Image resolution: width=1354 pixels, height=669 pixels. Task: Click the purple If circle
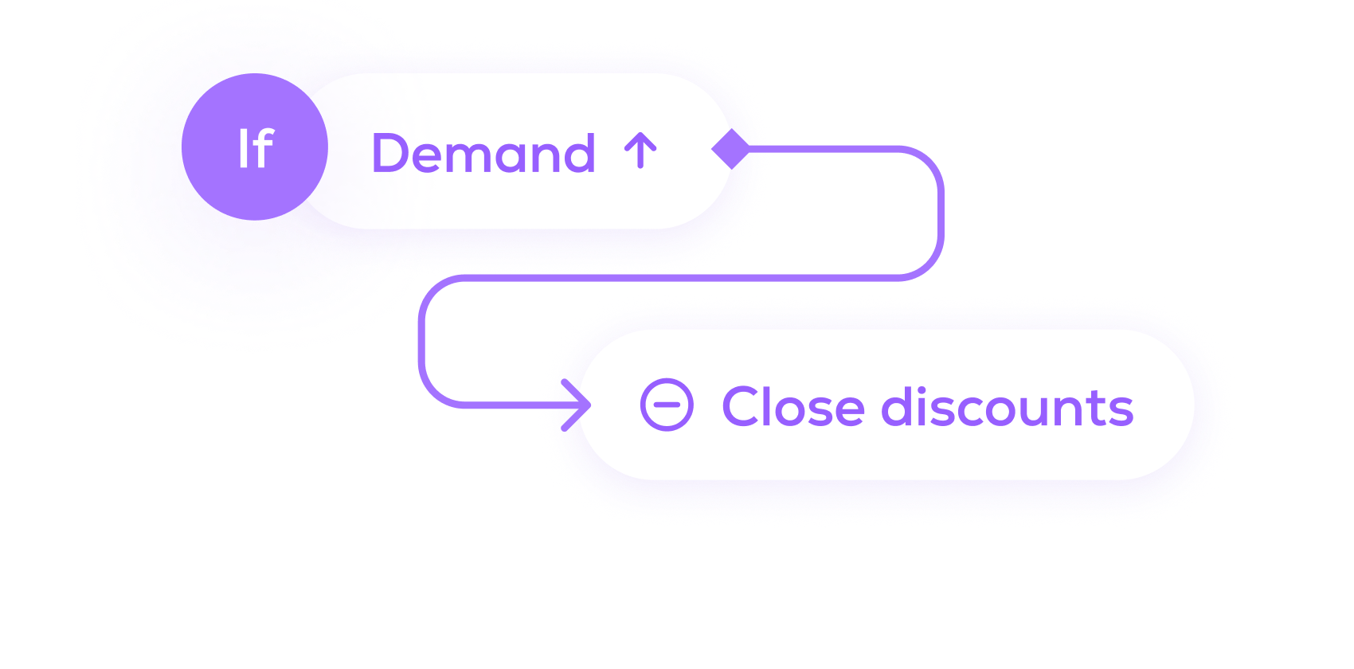pyautogui.click(x=254, y=147)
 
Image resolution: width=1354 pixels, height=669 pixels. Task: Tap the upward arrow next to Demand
pyautogui.click(x=640, y=151)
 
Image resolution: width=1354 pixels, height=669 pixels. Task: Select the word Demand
pyautogui.click(x=483, y=153)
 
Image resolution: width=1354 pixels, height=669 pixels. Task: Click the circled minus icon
pyautogui.click(x=667, y=405)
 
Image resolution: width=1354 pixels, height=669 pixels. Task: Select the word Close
pyautogui.click(x=792, y=408)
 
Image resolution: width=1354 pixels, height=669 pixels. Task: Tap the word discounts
pyautogui.click(x=1007, y=408)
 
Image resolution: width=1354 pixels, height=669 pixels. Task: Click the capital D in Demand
pyautogui.click(x=394, y=153)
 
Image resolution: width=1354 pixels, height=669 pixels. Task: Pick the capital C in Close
pyautogui.click(x=742, y=408)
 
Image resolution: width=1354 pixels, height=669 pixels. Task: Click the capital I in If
pyautogui.click(x=244, y=149)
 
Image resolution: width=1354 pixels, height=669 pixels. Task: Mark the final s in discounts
pyautogui.click(x=1121, y=411)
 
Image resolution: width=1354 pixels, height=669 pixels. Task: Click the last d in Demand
pyautogui.click(x=577, y=153)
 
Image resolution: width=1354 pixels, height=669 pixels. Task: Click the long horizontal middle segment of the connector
pyautogui.click(x=677, y=277)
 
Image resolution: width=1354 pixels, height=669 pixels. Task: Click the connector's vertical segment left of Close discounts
pyautogui.click(x=422, y=342)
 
